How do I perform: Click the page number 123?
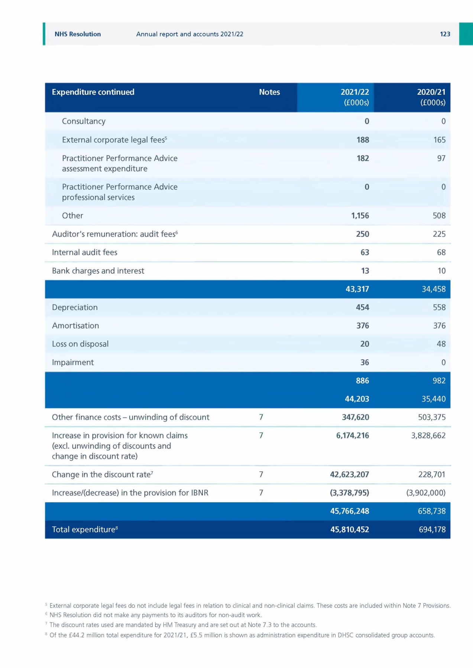445,34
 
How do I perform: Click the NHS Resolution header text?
78,34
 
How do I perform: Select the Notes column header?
269,92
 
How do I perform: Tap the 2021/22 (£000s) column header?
355,97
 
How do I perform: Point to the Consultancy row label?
84,121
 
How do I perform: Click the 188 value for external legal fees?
363,140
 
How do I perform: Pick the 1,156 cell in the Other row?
360,216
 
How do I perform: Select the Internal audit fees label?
84,252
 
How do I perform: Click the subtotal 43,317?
357,289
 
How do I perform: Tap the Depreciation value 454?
362,307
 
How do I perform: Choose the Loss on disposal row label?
80,344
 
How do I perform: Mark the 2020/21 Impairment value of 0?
443,362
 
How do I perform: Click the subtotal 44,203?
357,399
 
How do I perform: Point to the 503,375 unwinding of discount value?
431,417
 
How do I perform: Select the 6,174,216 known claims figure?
352,435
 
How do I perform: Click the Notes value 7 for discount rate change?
261,474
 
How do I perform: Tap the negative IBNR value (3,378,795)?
349,493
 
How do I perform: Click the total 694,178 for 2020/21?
432,530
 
